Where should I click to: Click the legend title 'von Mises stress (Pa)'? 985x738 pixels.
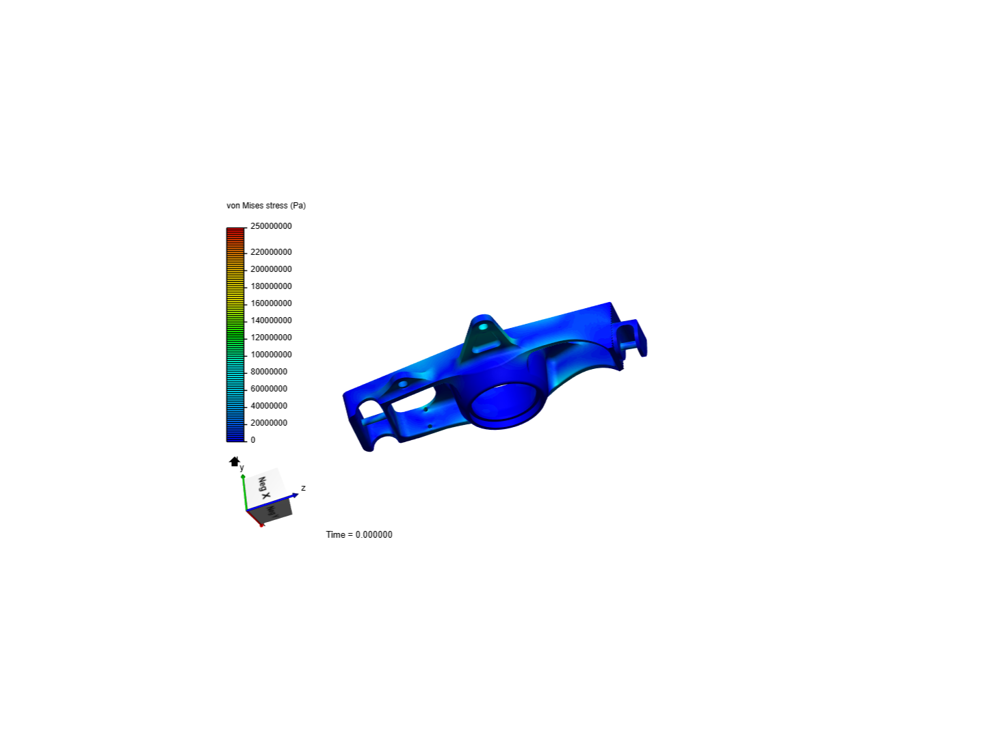coord(266,206)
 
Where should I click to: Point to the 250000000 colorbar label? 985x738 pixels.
coord(271,226)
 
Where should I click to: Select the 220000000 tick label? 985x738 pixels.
coord(271,252)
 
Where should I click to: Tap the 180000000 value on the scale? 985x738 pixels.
coord(271,286)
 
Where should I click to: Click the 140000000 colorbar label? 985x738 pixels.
coord(271,320)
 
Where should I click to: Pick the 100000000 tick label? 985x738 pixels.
coord(271,355)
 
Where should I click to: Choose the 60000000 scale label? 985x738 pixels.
coord(269,389)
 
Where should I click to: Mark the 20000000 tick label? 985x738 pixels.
coord(269,423)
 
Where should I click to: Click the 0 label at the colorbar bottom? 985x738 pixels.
coord(253,440)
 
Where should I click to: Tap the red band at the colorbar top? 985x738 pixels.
coord(235,231)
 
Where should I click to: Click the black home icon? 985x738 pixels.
coord(235,462)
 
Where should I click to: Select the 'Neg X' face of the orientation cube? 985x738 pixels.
coord(264,487)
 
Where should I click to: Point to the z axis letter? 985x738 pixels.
coord(303,488)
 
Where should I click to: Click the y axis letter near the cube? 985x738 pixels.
coord(242,468)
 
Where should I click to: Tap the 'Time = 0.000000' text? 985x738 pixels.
coord(359,534)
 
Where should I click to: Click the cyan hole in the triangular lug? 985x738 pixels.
coord(484,327)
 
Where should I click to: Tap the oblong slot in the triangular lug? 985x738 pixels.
coord(486,347)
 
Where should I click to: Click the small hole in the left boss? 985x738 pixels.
coord(403,384)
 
